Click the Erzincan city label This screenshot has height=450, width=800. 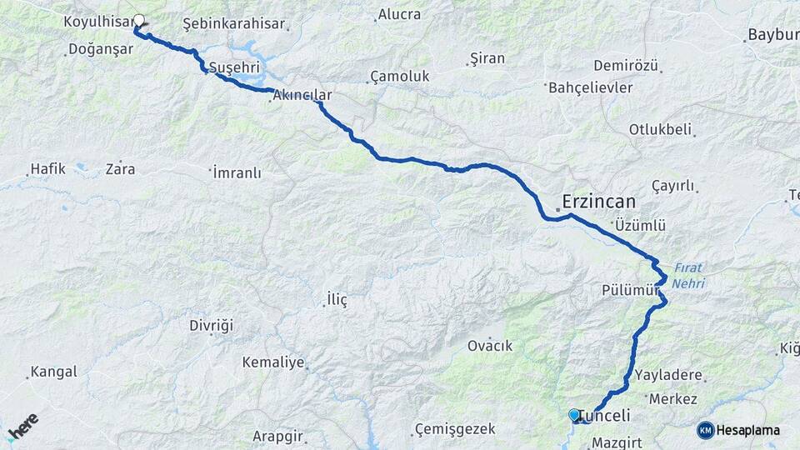coord(598,202)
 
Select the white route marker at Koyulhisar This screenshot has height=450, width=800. coord(139,21)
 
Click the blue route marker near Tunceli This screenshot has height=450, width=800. coord(573,414)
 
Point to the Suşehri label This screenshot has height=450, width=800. coord(234,67)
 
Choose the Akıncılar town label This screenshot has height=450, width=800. coord(302,95)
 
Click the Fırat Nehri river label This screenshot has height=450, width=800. coord(688,276)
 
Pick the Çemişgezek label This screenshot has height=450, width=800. coord(455,429)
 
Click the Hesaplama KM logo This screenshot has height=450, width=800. coord(738,430)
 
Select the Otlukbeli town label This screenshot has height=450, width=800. coord(660,130)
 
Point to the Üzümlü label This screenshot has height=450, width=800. coord(639,226)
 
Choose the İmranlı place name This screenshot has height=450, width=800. coord(237,173)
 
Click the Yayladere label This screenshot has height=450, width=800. coord(668,375)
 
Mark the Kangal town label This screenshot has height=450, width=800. coord(53,372)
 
